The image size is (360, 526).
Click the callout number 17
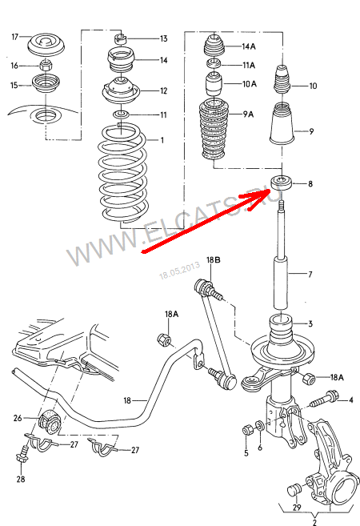[x=14, y=36]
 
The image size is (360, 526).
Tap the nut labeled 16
[x=46, y=65]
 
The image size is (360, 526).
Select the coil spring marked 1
[x=122, y=174]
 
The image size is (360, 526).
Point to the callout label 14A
[x=249, y=46]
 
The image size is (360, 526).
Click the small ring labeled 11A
[x=213, y=63]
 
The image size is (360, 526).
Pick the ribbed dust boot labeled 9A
[x=214, y=130]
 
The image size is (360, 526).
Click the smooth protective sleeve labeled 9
[x=282, y=124]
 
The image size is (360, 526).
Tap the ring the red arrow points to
[x=282, y=183]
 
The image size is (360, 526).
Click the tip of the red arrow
[x=270, y=190]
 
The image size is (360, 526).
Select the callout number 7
[x=310, y=275]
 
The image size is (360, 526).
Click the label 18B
[x=213, y=260]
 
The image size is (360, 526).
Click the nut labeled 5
[x=246, y=429]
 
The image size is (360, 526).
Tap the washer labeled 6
[x=260, y=426]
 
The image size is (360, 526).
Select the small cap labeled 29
[x=295, y=490]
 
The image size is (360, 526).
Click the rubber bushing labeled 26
[x=50, y=421]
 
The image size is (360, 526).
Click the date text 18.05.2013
[x=180, y=271]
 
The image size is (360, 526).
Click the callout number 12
[x=163, y=91]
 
